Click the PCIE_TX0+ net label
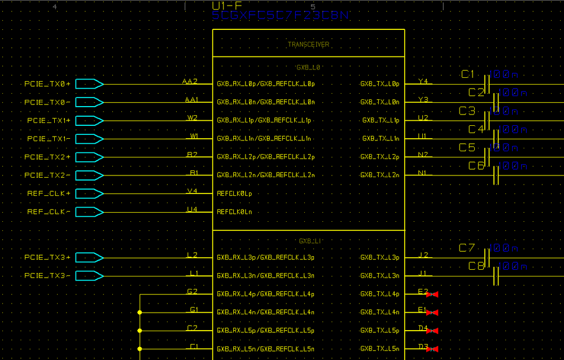coord(47,84)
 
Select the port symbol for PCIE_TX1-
coord(89,139)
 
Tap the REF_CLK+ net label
coord(49,194)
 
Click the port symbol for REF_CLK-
coord(89,212)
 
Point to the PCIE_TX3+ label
coord(47,257)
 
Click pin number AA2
coord(190,81)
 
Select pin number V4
coord(192,191)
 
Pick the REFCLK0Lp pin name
coord(234,194)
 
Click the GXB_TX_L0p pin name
coord(379,84)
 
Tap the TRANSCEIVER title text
coord(308,44)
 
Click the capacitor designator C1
coord(468,74)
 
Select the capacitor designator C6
coord(476,166)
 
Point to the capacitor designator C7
coord(467,248)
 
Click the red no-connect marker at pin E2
coord(432,295)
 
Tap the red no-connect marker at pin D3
coord(432,349)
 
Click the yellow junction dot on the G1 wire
coord(139,312)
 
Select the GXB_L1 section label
coord(308,241)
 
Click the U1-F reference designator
coord(227,6)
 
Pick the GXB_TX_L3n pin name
coord(379,276)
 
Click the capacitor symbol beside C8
coord(496,276)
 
